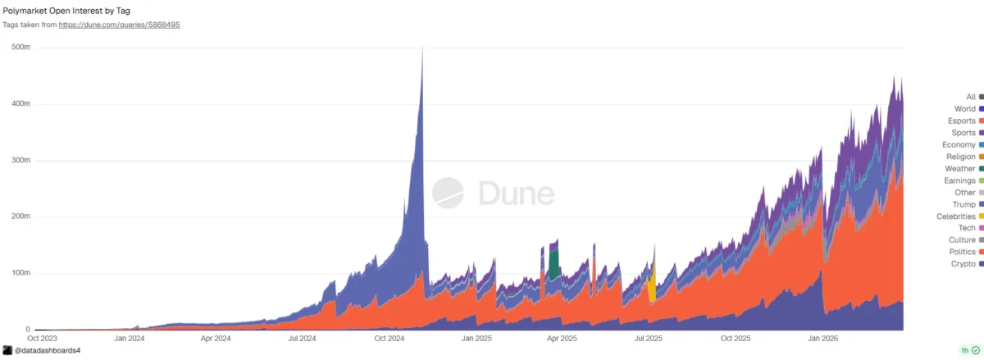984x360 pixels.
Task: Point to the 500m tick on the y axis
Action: point(20,48)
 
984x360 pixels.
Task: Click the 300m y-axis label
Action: point(20,161)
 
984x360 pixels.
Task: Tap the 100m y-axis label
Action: point(20,273)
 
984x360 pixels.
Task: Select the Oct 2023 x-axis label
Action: point(42,337)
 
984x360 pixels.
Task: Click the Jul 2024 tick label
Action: point(303,337)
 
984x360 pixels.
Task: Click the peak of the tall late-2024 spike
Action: point(422,49)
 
